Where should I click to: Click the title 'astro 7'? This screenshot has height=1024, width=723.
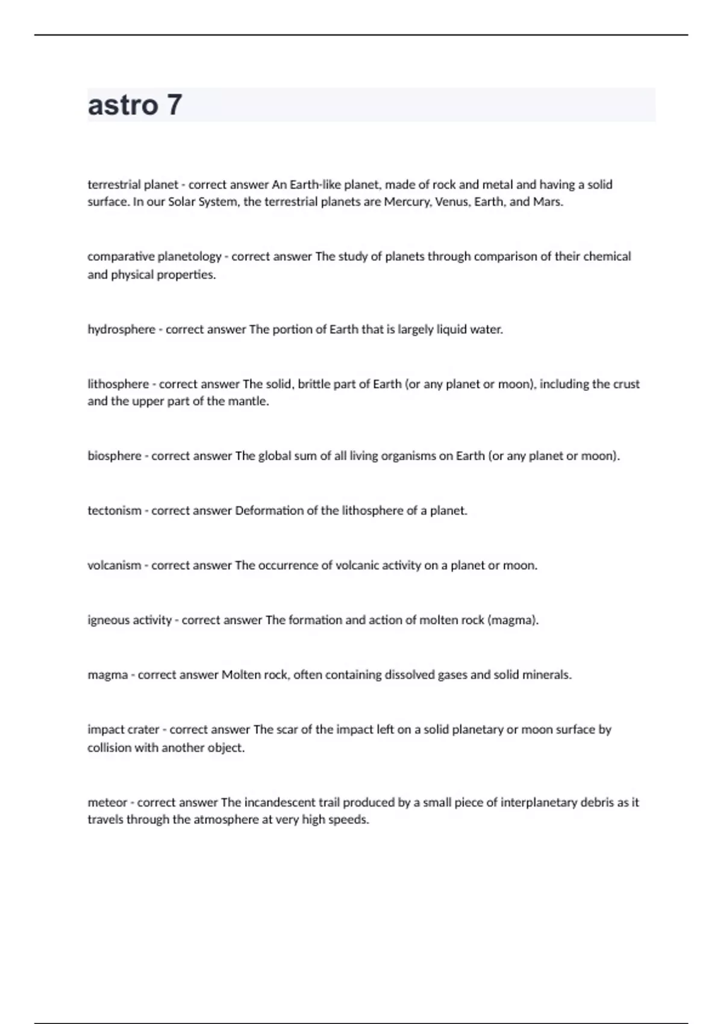135,105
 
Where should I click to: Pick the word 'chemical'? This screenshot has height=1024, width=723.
607,257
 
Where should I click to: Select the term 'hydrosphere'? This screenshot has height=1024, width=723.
121,329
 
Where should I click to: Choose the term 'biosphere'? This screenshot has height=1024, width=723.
114,456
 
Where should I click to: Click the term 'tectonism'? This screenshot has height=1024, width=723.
114,511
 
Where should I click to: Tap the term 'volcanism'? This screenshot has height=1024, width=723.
114,566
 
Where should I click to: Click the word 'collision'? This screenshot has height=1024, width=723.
110,748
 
